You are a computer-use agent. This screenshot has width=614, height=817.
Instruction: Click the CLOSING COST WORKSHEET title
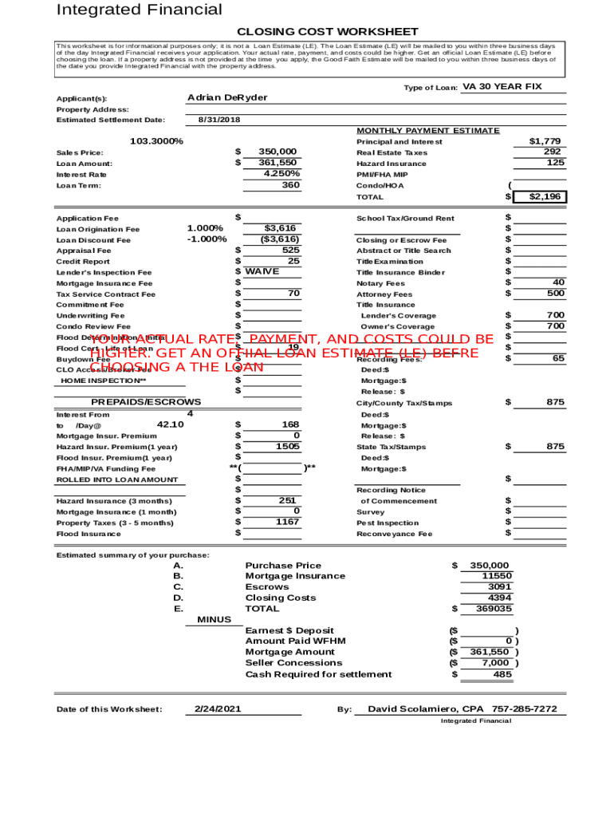coord(328,31)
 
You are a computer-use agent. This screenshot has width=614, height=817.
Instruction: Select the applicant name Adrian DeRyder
coord(227,97)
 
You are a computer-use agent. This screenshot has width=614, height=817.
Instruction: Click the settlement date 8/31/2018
coord(218,120)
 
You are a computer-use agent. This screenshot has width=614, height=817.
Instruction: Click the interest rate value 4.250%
coord(282,173)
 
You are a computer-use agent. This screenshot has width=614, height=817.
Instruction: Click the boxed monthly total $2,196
coord(546,196)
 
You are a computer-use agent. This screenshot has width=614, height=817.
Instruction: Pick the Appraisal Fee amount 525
coord(291,250)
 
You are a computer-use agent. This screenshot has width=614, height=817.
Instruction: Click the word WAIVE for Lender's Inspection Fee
coord(262,271)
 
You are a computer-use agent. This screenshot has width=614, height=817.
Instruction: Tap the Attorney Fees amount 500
coord(554,294)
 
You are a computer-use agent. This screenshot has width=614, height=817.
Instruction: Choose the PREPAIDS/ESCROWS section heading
coord(146,402)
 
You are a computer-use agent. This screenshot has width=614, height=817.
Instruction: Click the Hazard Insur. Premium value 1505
coord(288,447)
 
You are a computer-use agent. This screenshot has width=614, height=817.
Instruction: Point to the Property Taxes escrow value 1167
coord(287,522)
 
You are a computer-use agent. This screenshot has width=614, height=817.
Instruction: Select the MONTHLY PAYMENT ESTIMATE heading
coord(428,131)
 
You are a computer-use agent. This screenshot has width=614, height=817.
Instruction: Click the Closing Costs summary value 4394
coord(500,598)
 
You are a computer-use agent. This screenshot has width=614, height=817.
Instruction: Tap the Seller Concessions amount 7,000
coord(495,662)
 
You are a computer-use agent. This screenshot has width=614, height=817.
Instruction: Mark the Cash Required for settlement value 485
coord(502,674)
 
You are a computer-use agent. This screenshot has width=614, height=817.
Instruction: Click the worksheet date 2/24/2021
coord(218,709)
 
